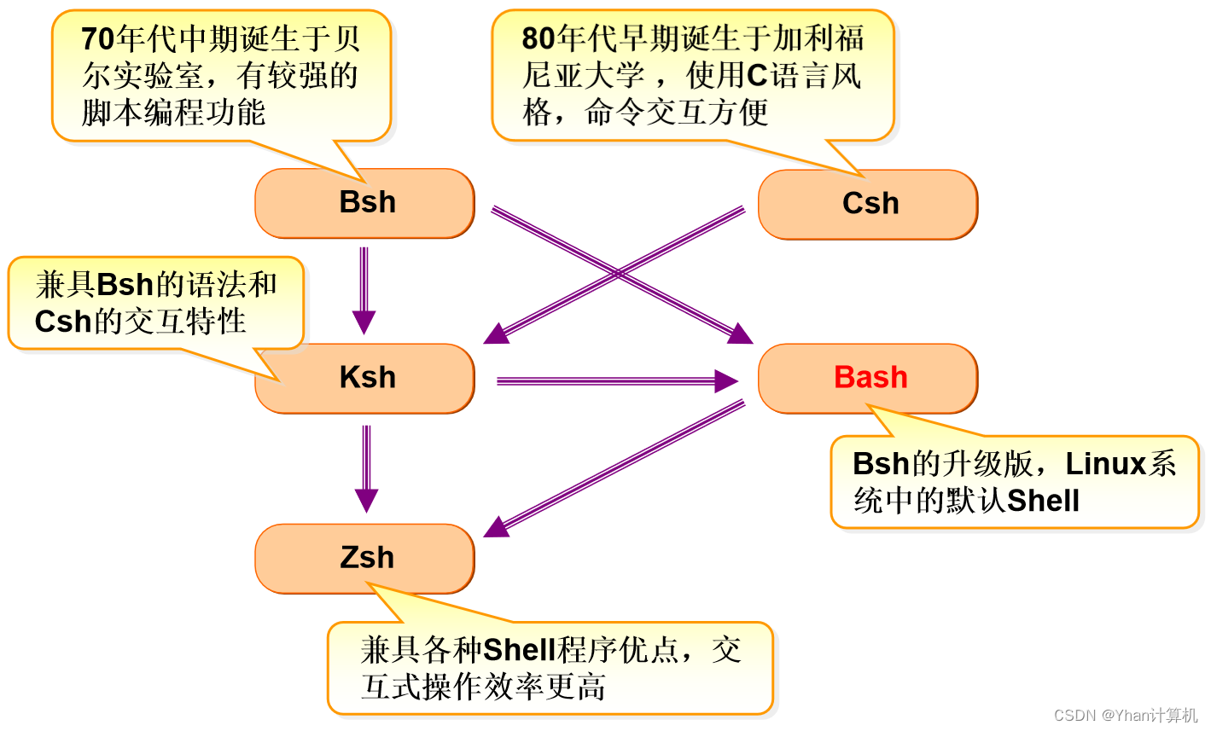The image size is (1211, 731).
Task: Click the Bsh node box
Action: pyautogui.click(x=365, y=203)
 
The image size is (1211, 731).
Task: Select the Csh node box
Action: pyautogui.click(x=868, y=205)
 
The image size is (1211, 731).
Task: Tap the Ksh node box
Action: pyautogui.click(x=365, y=378)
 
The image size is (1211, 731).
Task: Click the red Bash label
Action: pyautogui.click(x=870, y=377)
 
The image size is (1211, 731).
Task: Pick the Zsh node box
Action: pyautogui.click(x=365, y=558)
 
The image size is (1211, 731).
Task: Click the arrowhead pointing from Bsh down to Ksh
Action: pyautogui.click(x=364, y=322)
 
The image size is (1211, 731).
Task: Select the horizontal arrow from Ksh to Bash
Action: pyautogui.click(x=614, y=381)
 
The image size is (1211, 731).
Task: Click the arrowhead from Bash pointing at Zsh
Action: pyautogui.click(x=498, y=527)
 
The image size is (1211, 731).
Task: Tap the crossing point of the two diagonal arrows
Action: pyautogui.click(x=618, y=273)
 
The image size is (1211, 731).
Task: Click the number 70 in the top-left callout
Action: pyautogui.click(x=97, y=39)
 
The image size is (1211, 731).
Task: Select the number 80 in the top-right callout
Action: pyautogui.click(x=538, y=39)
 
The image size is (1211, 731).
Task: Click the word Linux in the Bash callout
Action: pyautogui.click(x=1105, y=464)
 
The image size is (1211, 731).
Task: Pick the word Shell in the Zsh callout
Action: pyautogui.click(x=519, y=650)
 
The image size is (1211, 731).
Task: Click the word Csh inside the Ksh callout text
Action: pyautogui.click(x=62, y=322)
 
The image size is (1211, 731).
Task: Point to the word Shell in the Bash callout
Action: pyautogui.click(x=1043, y=501)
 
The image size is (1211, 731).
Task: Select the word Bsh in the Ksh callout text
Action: pyautogui.click(x=125, y=285)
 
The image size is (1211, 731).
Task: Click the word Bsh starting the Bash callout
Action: pyautogui.click(x=881, y=464)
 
